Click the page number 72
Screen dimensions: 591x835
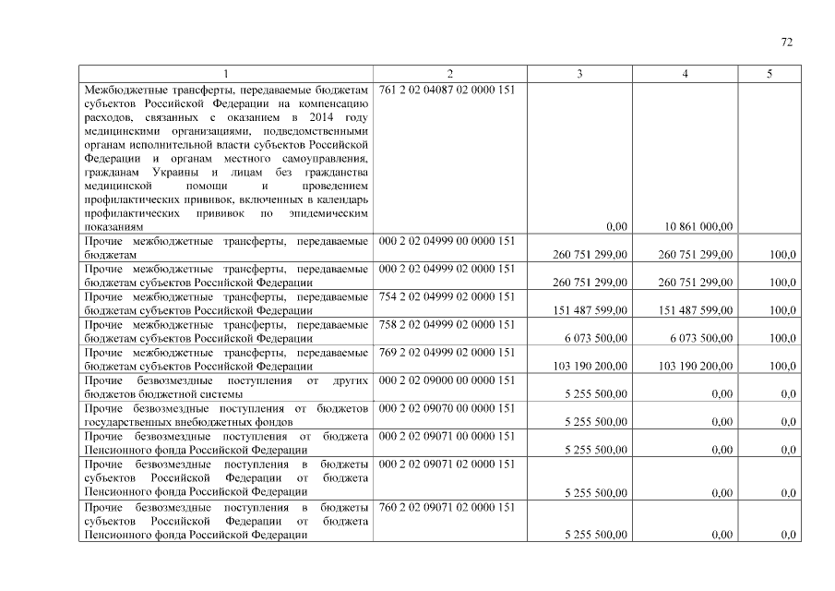(786, 42)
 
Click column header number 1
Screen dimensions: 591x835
(225, 74)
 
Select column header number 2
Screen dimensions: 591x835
(449, 74)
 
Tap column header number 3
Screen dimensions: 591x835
(579, 74)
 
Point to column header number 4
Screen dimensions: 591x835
(684, 74)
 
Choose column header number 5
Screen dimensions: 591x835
(769, 74)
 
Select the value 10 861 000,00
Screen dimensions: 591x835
(699, 226)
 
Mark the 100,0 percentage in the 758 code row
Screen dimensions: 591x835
(783, 338)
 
